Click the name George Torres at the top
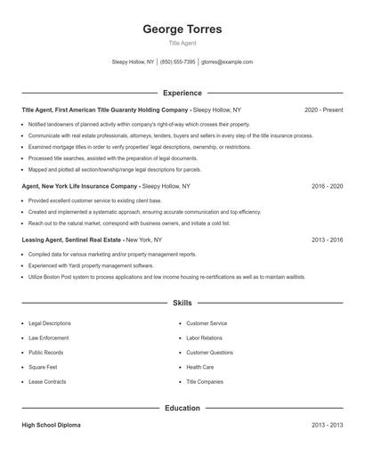pyautogui.click(x=182, y=29)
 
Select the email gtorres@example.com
pyautogui.click(x=227, y=62)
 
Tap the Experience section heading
pyautogui.click(x=182, y=93)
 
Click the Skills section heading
pyautogui.click(x=182, y=304)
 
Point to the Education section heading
pyautogui.click(x=182, y=408)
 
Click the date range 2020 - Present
pyautogui.click(x=323, y=110)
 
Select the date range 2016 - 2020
pyautogui.click(x=327, y=187)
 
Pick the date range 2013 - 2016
pyautogui.click(x=327, y=240)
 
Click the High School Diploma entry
pyautogui.click(x=51, y=426)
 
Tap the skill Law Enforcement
pyautogui.click(x=50, y=338)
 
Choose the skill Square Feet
pyautogui.click(x=43, y=366)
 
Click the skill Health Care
pyautogui.click(x=199, y=366)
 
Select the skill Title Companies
pyautogui.click(x=205, y=380)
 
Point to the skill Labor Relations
pyautogui.click(x=206, y=338)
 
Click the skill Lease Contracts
pyautogui.click(x=47, y=380)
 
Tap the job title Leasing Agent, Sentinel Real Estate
pyautogui.click(x=71, y=240)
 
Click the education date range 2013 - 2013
pyautogui.click(x=327, y=426)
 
